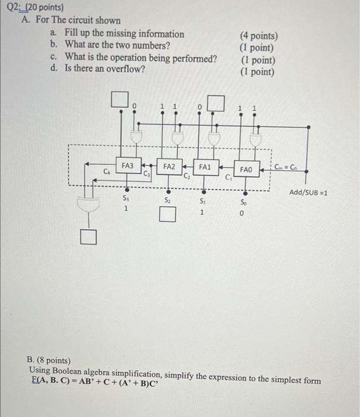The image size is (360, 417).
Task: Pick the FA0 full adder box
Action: pos(246,169)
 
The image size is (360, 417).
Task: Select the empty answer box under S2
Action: pos(168,214)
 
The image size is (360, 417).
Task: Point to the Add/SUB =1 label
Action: pos(308,192)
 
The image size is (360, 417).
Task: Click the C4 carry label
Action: pos(107,172)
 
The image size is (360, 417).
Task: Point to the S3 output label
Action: pos(126,197)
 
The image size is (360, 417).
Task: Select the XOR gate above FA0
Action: pos(256,141)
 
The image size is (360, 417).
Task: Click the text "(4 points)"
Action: pos(258,36)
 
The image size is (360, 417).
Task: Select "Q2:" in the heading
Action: pos(11,8)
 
